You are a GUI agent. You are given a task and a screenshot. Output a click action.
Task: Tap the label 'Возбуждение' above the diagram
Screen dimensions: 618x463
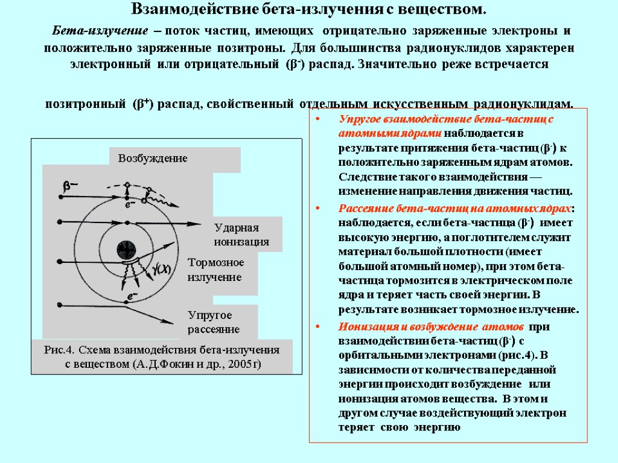pos(153,159)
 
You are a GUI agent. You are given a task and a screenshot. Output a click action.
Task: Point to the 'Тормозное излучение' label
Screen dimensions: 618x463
pos(215,269)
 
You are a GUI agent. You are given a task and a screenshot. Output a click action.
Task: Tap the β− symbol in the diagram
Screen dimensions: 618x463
pos(71,187)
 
